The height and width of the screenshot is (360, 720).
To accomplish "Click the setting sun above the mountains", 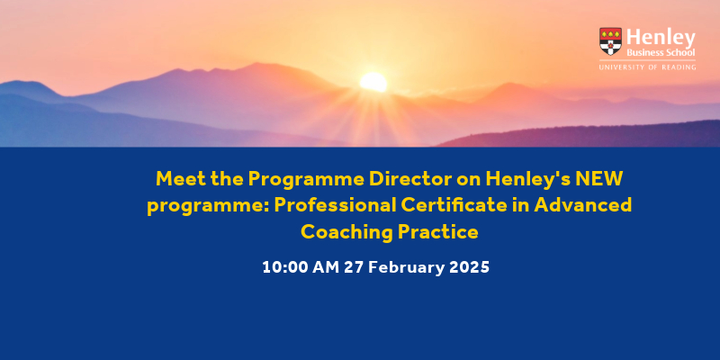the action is coord(373,82).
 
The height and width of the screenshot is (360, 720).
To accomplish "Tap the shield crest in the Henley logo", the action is coord(610,41).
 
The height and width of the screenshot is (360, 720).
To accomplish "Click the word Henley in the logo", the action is coord(661,38).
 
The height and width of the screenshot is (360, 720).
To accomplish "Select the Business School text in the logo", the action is coord(661,52).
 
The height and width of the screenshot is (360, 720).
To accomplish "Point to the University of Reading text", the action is coord(647,67).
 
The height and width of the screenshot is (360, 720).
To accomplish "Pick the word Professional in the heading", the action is coord(335,205).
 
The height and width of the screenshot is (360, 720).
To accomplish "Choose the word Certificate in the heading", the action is coord(454,205).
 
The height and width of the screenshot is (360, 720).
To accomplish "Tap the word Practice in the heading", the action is coord(438,232).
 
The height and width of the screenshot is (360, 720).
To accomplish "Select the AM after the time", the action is coord(326,266).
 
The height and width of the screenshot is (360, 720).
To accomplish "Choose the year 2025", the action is coord(469,266).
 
